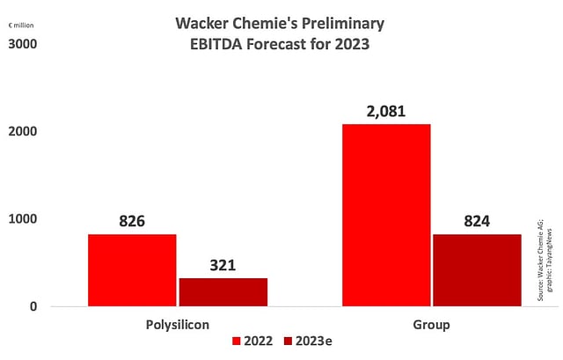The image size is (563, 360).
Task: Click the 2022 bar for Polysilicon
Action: coord(132,269)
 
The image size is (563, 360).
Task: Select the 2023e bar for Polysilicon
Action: coord(223,292)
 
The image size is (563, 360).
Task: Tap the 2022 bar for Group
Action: coord(386,215)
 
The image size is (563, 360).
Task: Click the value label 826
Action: coord(132,220)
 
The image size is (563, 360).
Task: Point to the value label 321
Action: coord(223,264)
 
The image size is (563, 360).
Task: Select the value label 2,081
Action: coord(386,110)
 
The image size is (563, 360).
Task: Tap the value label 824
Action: coord(477,220)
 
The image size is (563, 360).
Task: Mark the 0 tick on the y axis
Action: coord(32,306)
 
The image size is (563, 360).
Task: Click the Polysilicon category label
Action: coord(178,325)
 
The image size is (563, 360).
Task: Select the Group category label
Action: coord(431,325)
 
